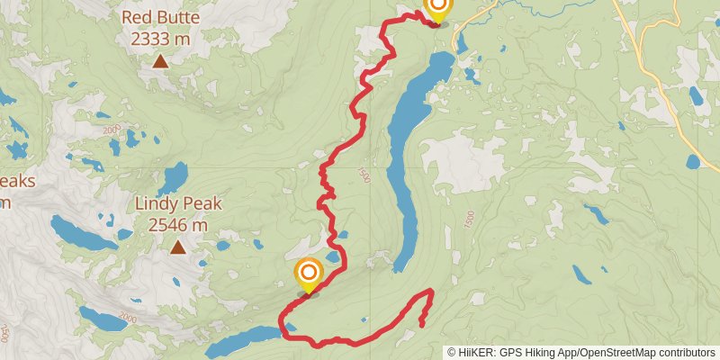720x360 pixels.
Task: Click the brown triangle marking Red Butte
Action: (159, 61)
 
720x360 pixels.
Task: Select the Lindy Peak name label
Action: (178, 204)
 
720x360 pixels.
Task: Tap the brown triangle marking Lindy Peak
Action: (178, 247)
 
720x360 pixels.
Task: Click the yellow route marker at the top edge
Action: (436, 9)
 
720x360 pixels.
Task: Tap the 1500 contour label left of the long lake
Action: (364, 176)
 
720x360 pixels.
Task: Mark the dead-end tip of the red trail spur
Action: (421, 325)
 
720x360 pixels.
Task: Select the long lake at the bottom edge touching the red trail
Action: (243, 340)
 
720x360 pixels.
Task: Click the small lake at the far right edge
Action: (692, 162)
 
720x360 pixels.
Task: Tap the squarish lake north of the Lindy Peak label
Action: (175, 175)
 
